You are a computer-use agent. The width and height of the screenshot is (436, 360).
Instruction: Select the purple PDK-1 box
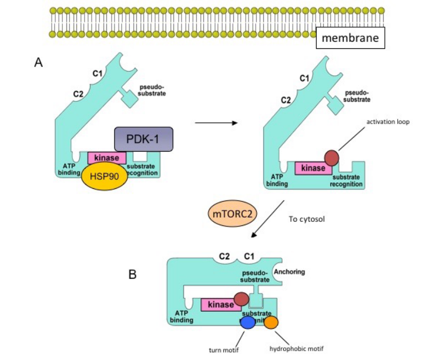click(143, 139)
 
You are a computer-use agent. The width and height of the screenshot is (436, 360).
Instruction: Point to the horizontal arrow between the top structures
click(216, 123)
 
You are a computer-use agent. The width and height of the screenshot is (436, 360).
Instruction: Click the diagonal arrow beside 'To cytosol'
click(267, 218)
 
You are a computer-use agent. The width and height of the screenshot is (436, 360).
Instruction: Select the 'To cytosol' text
click(307, 219)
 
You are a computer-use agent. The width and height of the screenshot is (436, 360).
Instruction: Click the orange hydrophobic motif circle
click(271, 322)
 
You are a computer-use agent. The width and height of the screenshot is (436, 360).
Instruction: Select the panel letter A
click(39, 63)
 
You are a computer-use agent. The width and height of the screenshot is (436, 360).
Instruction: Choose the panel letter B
click(135, 274)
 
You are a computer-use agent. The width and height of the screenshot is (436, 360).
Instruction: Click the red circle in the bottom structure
click(242, 299)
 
